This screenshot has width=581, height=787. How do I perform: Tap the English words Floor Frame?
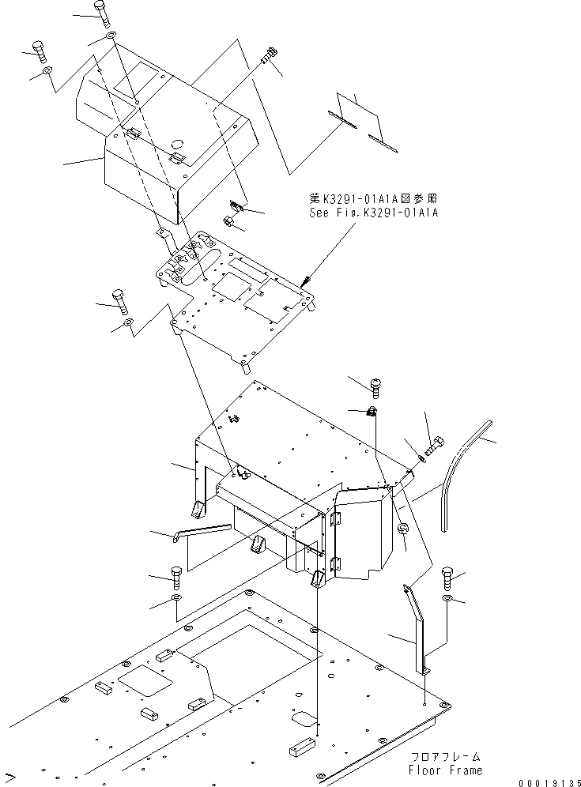pyautogui.click(x=446, y=769)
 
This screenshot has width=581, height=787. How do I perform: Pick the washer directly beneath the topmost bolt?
pyautogui.click(x=110, y=38)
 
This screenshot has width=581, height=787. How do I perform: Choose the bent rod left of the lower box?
pyautogui.click(x=201, y=529)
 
